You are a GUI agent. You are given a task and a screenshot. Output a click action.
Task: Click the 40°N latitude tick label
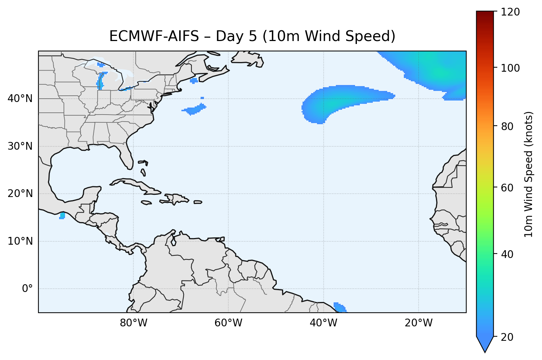(x=20, y=99)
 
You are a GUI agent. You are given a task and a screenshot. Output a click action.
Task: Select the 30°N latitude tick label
(x=20, y=146)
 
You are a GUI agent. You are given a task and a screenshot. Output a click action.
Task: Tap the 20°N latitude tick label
(x=20, y=194)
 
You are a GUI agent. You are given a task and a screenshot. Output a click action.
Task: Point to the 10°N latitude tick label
(x=20, y=241)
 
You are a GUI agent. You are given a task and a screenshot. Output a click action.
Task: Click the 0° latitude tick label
(x=27, y=289)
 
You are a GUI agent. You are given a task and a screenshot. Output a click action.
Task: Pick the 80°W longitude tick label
(x=133, y=323)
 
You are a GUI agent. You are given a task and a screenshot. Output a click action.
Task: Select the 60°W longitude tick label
(x=228, y=323)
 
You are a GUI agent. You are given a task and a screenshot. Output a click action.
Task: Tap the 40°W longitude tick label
(x=323, y=323)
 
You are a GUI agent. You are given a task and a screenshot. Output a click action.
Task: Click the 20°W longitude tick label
(x=418, y=323)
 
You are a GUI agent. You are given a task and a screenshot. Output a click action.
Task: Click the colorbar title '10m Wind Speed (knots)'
(x=529, y=174)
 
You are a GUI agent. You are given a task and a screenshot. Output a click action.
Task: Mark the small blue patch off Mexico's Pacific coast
(x=62, y=215)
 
